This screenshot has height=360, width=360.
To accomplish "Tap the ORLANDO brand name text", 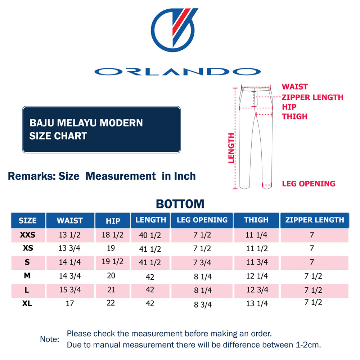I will [177, 71].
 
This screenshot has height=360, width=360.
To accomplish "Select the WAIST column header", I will [70, 220].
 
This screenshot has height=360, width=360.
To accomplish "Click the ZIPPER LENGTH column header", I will [314, 220].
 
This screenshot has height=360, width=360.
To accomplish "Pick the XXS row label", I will [27, 235].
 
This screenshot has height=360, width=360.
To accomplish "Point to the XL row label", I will [27, 303].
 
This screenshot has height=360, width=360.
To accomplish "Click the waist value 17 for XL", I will [70, 303].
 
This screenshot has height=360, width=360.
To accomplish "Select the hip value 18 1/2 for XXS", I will [112, 235].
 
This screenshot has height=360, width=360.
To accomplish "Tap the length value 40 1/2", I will [150, 236].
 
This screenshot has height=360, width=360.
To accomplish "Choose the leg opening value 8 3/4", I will [202, 305].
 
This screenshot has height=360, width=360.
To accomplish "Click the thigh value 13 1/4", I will [257, 304].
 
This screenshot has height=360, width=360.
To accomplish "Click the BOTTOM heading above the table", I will [180, 204].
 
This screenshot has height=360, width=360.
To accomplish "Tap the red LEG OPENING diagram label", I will [309, 184].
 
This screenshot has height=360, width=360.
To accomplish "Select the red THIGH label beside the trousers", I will [294, 116].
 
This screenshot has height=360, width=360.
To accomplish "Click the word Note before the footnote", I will [49, 339].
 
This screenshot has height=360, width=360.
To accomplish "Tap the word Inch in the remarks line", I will [184, 176].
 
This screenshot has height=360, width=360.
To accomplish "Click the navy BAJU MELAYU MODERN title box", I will [101, 129].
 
